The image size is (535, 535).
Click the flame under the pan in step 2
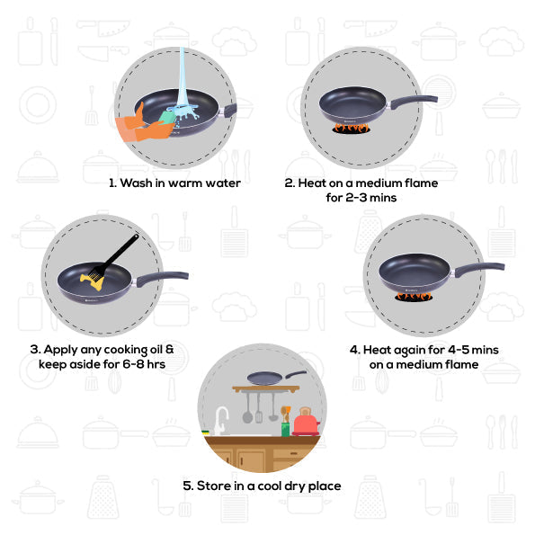(x=351, y=129)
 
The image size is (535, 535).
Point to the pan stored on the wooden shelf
(x=267, y=379)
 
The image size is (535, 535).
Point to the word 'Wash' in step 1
(x=137, y=183)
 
